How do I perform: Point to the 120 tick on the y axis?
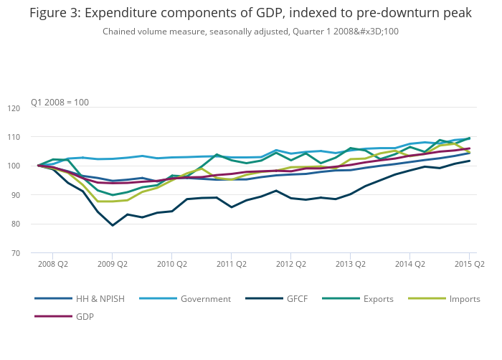pyautogui.click(x=33, y=108)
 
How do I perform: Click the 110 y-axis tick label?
pyautogui.click(x=33, y=137)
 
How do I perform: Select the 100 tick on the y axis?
pyautogui.click(x=33, y=166)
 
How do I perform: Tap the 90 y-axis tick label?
pyautogui.click(x=34, y=195)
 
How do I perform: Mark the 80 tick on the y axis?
pyautogui.click(x=34, y=224)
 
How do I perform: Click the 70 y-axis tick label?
pyautogui.click(x=34, y=253)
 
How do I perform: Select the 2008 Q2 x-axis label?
pyautogui.click(x=52, y=264)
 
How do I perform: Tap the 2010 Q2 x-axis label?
pyautogui.click(x=171, y=264)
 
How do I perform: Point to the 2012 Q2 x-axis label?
pyautogui.click(x=290, y=264)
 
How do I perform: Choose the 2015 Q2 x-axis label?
pyautogui.click(x=469, y=264)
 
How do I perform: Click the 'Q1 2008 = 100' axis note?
pyautogui.click(x=60, y=102)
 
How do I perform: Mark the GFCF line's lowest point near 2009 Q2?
pyautogui.click(x=113, y=225)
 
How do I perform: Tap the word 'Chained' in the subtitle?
pyautogui.click(x=120, y=31)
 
